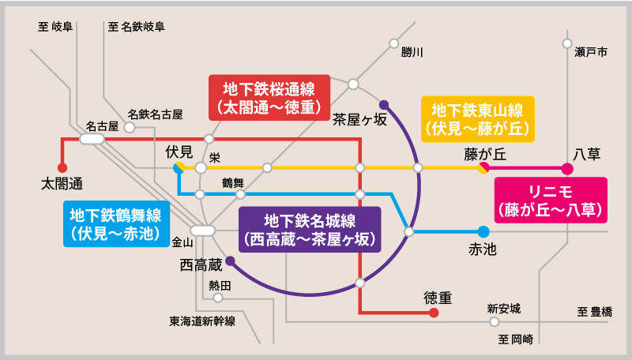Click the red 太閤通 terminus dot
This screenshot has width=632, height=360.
tap(62, 167)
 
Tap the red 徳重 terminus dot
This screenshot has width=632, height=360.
tap(434, 313)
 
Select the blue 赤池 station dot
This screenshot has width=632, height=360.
tap(483, 231)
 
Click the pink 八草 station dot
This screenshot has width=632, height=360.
tap(567, 169)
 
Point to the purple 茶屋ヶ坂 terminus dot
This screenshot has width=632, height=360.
tap(384, 105)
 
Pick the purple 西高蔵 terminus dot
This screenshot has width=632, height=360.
tap(230, 261)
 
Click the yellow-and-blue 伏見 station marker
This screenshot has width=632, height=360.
tap(179, 168)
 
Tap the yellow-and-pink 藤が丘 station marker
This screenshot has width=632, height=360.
tap(483, 168)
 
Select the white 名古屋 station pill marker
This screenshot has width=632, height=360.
tap(92, 139)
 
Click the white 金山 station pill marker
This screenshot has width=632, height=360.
tap(203, 231)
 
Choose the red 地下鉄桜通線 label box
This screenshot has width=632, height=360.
tap(269, 97)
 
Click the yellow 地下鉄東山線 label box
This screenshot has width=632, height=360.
tap(478, 119)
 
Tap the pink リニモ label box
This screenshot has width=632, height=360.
tap(551, 201)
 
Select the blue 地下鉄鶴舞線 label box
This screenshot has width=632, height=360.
tap(116, 224)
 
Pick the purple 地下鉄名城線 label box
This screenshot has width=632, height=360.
tap(310, 230)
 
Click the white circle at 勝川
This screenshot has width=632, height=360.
tap(393, 43)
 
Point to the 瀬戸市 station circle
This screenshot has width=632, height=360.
tap(567, 43)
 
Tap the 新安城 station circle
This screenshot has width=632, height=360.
tap(495, 322)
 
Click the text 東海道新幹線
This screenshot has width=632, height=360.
tap(202, 321)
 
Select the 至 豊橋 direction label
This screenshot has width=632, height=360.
tap(595, 312)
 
